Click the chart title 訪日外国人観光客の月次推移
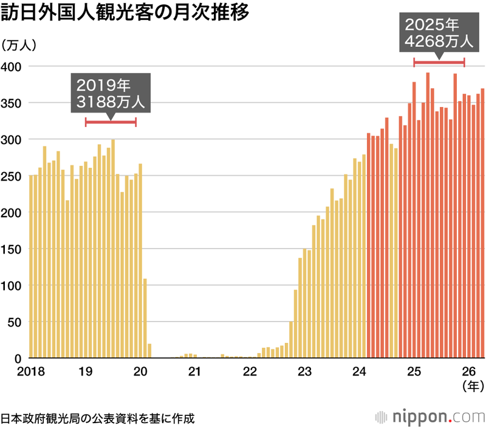point(125,12)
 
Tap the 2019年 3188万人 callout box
point(111,93)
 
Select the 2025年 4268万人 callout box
point(439,33)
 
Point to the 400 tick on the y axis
point(11,67)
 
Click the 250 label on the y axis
point(11,176)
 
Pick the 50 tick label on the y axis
point(15,323)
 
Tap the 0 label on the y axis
point(18,359)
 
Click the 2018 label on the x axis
point(31,371)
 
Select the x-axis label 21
point(194,371)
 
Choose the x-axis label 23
point(304,371)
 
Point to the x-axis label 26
point(468,371)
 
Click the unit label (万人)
point(19,46)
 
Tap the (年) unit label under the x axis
point(473,386)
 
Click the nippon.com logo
point(430,417)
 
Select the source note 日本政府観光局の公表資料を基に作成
point(98,418)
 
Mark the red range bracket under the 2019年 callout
point(111,122)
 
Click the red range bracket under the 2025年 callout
point(439,63)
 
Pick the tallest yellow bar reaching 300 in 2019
point(113,249)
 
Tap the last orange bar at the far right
point(482,223)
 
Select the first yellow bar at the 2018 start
point(31,266)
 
